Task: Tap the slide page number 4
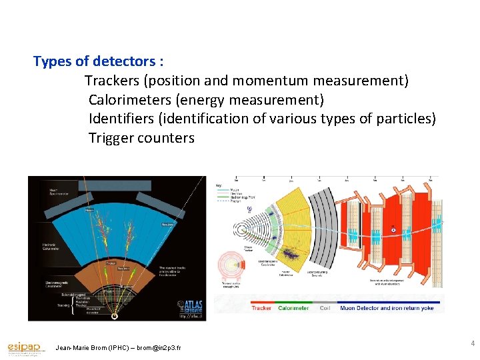click(x=472, y=343)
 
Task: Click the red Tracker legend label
click(x=261, y=308)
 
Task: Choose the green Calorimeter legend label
click(x=293, y=308)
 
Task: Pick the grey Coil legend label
click(x=325, y=308)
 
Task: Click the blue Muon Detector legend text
click(x=386, y=308)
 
